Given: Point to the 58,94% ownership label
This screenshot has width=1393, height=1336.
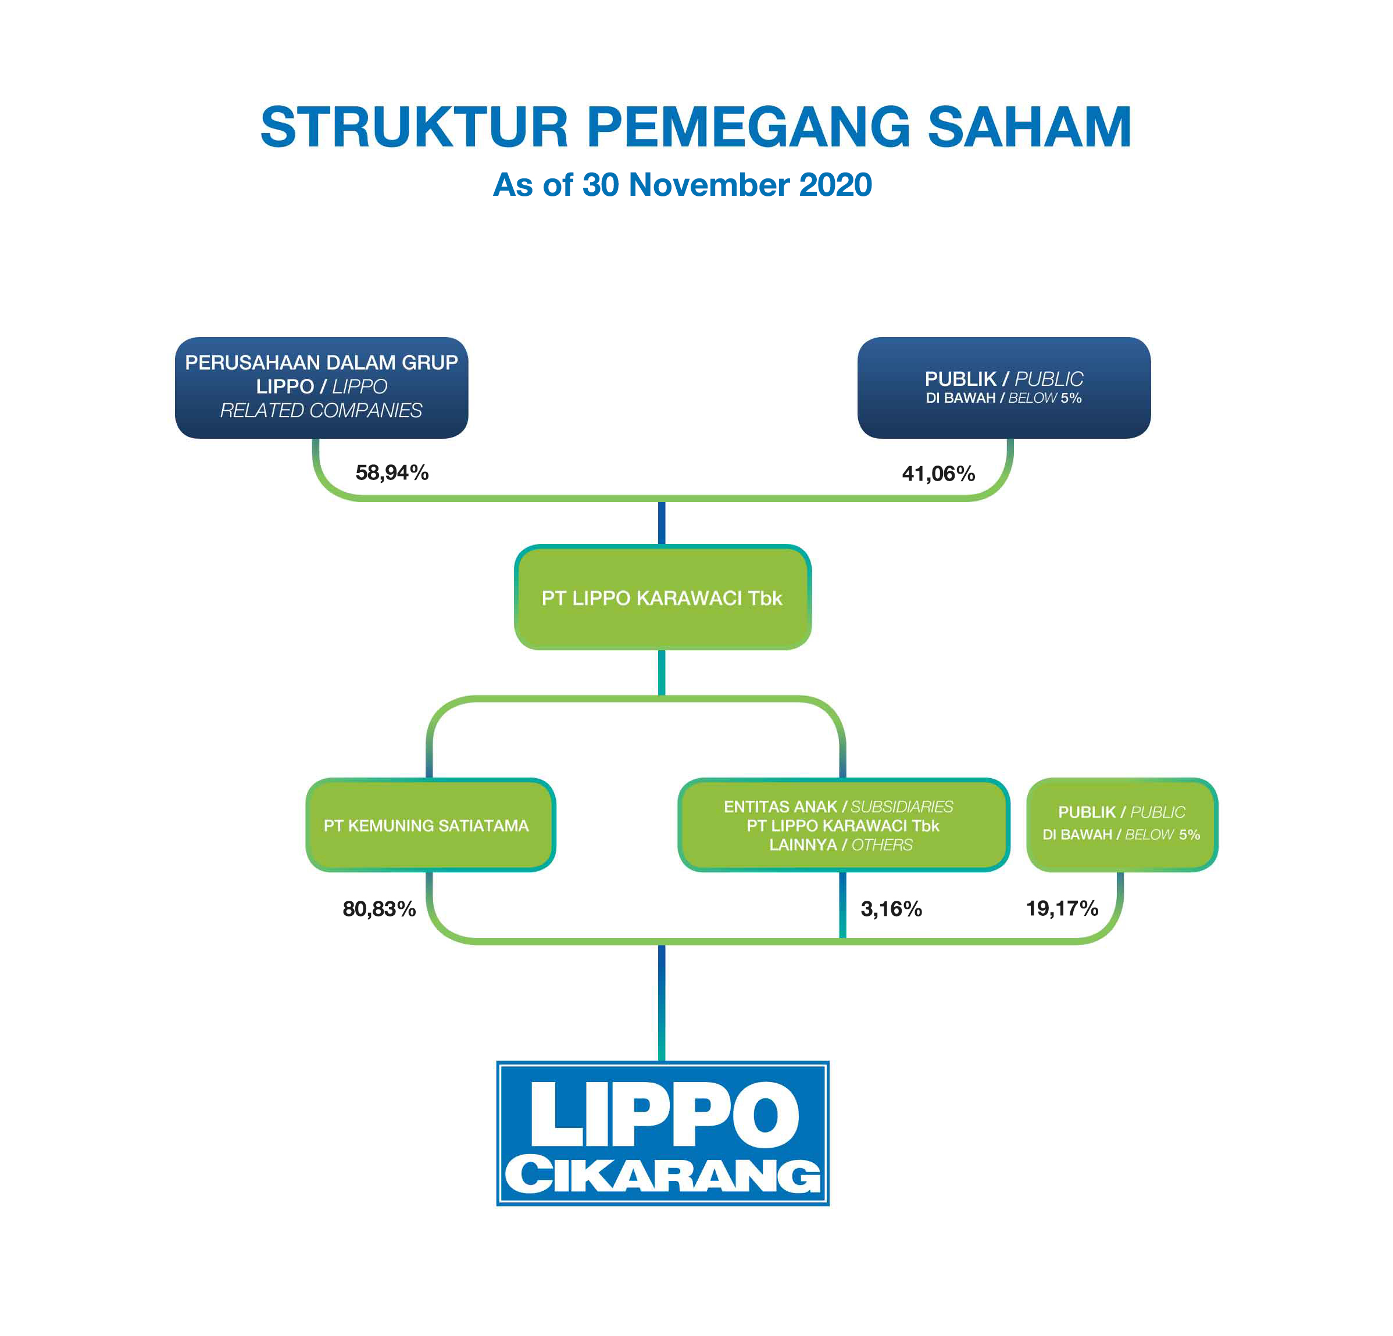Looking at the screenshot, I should click(x=392, y=473).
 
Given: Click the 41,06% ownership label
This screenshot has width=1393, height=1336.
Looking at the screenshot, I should click(x=938, y=474).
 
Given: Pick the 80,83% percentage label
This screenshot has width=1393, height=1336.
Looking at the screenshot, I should click(x=379, y=909).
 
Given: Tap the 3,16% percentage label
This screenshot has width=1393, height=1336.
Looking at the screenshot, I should click(x=891, y=909).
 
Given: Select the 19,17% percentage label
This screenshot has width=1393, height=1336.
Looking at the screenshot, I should click(x=1062, y=908).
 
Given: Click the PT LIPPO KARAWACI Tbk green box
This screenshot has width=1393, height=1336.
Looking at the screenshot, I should click(x=662, y=598).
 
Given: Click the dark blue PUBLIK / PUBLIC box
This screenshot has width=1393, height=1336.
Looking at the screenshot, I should click(x=1003, y=388).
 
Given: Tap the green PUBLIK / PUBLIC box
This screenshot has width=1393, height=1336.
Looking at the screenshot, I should click(x=1121, y=824).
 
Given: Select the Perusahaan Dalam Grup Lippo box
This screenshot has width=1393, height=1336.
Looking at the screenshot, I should click(x=322, y=387).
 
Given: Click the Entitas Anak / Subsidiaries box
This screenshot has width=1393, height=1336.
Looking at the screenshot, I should click(x=843, y=825).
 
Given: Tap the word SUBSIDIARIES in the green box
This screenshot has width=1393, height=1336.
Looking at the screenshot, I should click(x=902, y=807).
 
